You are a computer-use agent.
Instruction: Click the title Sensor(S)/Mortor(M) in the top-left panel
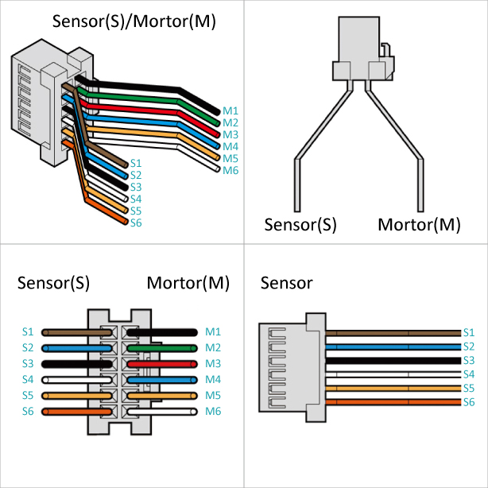click(134, 21)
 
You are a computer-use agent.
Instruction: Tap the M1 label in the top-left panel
click(230, 110)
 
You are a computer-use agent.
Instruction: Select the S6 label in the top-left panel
click(136, 223)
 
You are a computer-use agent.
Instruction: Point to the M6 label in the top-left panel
click(230, 170)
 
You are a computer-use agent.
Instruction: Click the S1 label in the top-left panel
click(136, 163)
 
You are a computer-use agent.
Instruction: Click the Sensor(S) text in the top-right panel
click(301, 225)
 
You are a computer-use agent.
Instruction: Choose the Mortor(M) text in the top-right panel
click(419, 225)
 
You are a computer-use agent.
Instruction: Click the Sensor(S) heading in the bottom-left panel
click(53, 283)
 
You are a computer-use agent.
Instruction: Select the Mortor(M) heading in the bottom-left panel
click(188, 283)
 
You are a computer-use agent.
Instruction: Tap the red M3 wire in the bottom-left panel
click(167, 363)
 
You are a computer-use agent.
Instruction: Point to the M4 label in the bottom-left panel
click(212, 379)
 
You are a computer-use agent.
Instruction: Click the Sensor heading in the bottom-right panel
click(287, 283)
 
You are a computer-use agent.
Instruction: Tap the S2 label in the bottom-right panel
click(468, 347)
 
